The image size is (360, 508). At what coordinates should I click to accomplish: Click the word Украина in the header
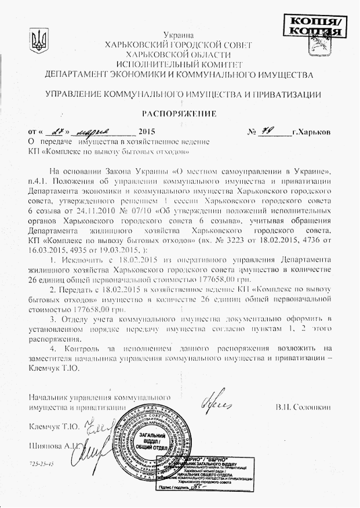(x=178, y=36)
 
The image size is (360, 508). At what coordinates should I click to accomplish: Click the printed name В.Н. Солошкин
(x=303, y=407)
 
